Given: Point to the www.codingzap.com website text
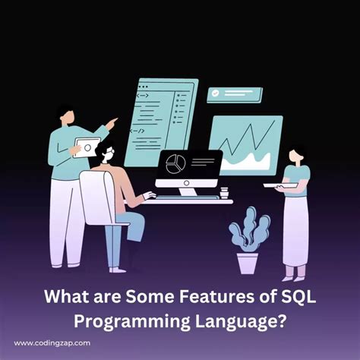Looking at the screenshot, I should (x=52, y=343).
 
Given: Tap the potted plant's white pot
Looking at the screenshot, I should (x=248, y=262).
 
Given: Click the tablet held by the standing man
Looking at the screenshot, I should (x=88, y=147).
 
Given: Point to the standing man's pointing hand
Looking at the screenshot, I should (x=115, y=121).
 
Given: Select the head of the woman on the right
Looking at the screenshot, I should (x=297, y=155).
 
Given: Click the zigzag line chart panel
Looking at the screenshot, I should (x=245, y=145).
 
